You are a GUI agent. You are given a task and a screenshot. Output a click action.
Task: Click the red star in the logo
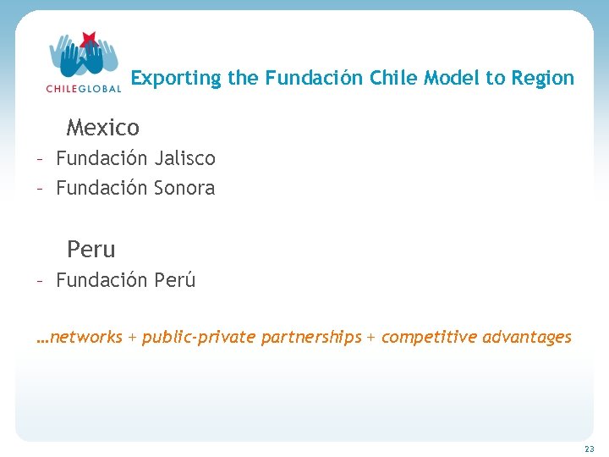click(87, 39)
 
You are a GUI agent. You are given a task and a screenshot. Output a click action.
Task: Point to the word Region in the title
click(542, 79)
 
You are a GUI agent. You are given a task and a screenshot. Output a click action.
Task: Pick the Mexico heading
click(103, 128)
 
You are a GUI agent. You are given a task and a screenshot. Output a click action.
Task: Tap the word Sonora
click(184, 188)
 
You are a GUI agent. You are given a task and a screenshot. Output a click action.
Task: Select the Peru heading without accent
click(91, 250)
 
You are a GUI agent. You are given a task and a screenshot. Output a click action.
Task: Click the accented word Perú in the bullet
click(175, 280)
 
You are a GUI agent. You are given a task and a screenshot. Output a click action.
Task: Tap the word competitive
click(429, 337)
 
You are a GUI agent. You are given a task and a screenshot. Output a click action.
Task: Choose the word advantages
click(527, 337)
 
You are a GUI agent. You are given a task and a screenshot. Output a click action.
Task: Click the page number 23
click(589, 449)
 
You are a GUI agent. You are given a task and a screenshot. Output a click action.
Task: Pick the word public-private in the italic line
click(200, 337)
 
